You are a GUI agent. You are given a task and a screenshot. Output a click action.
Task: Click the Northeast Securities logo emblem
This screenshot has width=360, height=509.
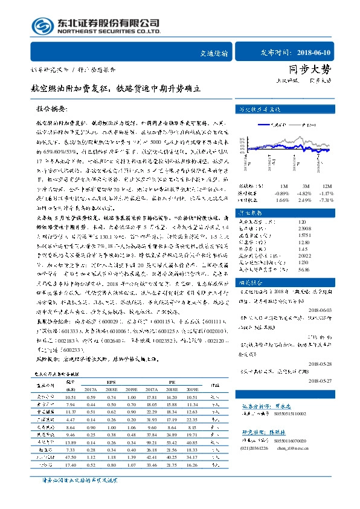tap(41, 27)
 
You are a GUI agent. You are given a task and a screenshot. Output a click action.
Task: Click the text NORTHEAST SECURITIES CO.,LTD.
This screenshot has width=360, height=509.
tap(101, 31)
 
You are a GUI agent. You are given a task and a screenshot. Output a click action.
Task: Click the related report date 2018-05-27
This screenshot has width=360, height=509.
tap(330, 381)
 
